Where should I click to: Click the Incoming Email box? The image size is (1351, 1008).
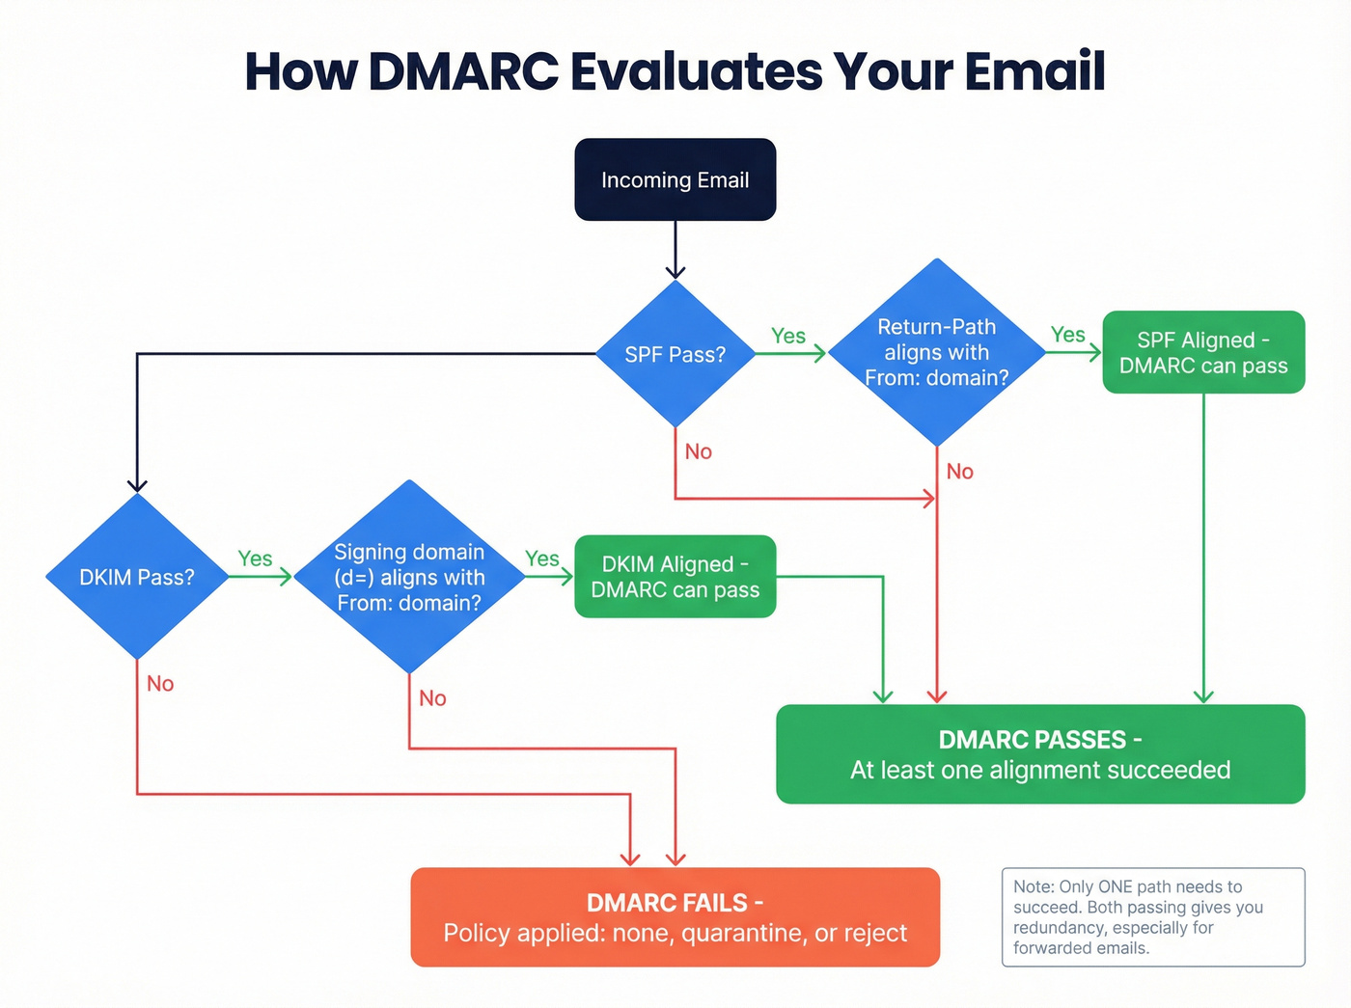pos(675,180)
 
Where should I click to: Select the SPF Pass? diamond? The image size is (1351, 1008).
pos(675,354)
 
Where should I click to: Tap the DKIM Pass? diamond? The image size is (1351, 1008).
pos(137,577)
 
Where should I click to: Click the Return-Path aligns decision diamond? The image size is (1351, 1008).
pos(936,352)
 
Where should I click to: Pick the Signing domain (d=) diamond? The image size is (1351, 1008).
pos(409,577)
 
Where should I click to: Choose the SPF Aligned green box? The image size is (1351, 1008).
pos(1203,352)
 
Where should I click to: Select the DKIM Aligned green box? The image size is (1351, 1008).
pos(675,577)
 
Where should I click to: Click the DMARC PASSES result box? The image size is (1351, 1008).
pos(1040,754)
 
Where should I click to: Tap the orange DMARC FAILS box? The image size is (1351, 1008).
pos(675,917)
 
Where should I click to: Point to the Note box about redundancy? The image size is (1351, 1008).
pos(1153,916)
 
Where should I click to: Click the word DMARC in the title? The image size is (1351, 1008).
pos(464,72)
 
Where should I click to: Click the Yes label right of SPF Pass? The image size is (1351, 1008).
pos(788,336)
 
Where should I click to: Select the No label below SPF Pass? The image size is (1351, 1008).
pos(699,451)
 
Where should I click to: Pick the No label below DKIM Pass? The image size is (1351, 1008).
pos(160,684)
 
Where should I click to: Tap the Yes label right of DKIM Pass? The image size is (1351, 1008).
pos(255,558)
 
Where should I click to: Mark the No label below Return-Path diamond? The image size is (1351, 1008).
pos(960,472)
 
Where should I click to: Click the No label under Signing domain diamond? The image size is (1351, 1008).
pos(432,698)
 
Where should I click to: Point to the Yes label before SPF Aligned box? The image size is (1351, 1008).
pos(1068,335)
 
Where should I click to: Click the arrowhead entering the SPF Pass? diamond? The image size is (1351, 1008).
pos(675,272)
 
